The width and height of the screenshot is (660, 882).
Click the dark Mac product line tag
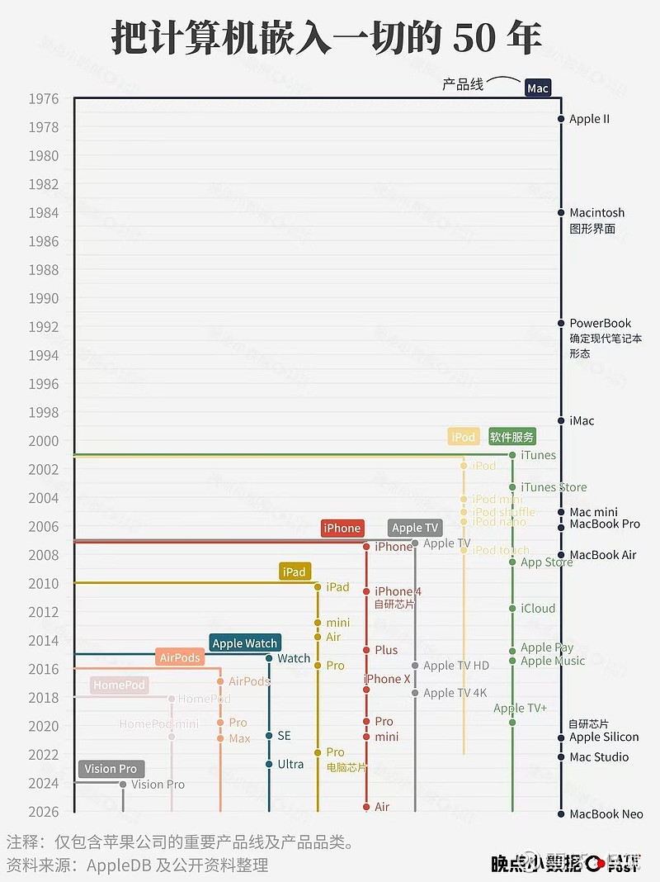tap(537, 88)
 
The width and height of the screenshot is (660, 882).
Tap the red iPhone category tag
tap(342, 529)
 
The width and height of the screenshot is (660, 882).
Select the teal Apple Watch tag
tap(245, 643)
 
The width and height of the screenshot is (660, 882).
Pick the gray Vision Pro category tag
tap(111, 769)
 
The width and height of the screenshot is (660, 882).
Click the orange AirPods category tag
tap(180, 658)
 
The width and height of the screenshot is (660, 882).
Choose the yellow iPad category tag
tap(295, 571)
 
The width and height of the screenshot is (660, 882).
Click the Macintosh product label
tap(597, 213)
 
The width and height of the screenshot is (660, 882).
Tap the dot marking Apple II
tap(561, 119)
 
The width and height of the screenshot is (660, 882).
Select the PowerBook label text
tap(601, 324)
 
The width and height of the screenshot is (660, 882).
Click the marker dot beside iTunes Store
tap(512, 487)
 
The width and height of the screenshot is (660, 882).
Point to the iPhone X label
tap(388, 679)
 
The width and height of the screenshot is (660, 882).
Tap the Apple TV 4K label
tap(455, 693)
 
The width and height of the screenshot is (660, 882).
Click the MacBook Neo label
tap(606, 814)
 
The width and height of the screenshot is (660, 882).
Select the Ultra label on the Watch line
tap(290, 764)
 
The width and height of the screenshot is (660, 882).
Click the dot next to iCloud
tap(512, 609)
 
